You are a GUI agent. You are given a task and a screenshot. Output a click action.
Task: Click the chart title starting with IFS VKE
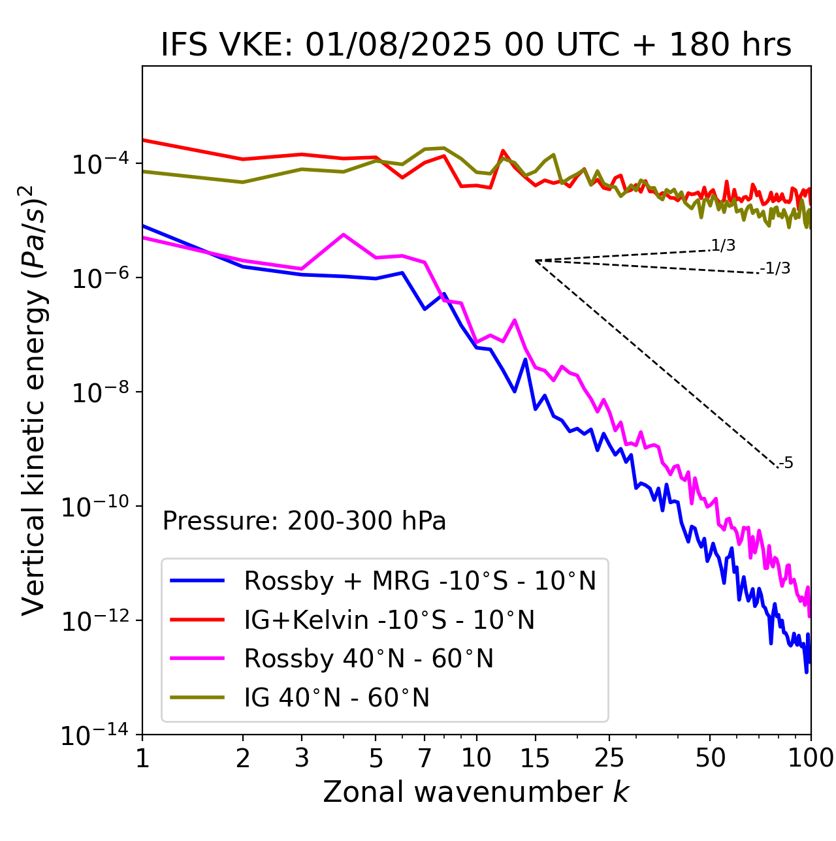tap(476, 45)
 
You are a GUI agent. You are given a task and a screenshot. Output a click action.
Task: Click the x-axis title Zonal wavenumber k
tap(476, 791)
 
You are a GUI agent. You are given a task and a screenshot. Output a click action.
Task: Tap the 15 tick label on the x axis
tap(536, 758)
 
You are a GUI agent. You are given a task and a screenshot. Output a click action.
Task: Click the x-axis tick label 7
tap(425, 758)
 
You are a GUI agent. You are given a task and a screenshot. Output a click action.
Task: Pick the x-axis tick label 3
tap(302, 758)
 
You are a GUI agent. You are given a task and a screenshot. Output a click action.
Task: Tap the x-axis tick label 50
tap(710, 758)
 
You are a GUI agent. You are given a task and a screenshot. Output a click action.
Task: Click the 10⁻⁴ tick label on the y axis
tap(99, 165)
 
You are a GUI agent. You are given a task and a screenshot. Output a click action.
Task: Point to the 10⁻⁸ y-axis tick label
tap(99, 393)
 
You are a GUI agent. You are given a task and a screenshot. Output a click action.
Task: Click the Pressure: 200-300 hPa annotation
tap(304, 521)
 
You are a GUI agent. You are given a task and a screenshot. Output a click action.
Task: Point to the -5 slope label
tap(786, 463)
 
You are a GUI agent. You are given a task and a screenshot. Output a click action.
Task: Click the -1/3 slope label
tap(776, 268)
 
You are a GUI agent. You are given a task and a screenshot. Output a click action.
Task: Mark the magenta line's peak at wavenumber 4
tap(344, 234)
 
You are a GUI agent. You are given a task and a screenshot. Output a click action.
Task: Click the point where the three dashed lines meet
tap(536, 261)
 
